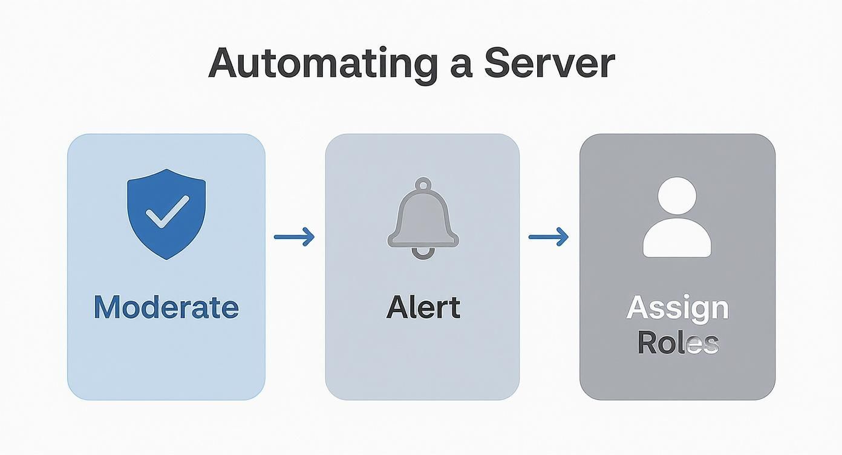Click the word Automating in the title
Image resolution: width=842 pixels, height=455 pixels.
coord(323,63)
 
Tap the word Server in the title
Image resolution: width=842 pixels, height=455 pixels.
coord(549,63)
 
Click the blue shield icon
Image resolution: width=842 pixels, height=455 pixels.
coord(166,214)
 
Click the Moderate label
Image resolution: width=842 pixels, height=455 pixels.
coord(166,307)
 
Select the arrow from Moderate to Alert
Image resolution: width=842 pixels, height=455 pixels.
coord(295,237)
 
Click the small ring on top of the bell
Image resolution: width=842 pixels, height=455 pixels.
coord(423,185)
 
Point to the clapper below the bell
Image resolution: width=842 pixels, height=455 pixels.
coord(423,253)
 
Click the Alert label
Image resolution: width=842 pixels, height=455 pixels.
coord(423,307)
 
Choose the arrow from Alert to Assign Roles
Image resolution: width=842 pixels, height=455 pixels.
coord(549,237)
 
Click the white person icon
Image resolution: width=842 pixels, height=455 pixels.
coord(677,218)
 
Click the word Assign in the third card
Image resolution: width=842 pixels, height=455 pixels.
coord(677,309)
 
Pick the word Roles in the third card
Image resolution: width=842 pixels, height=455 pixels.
coord(677,343)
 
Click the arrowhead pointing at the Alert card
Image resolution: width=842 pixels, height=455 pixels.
coord(309,237)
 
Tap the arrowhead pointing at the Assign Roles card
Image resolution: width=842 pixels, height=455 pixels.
coord(563,237)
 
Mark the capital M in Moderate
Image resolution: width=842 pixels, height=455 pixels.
coord(106,307)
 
